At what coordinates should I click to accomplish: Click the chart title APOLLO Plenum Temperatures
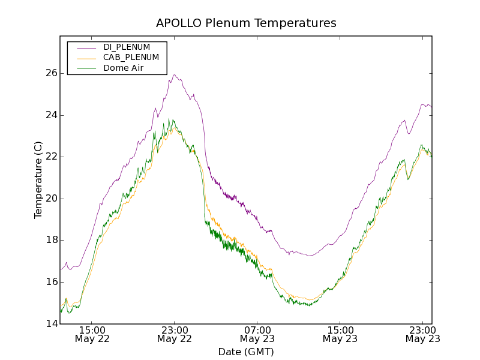click(x=246, y=23)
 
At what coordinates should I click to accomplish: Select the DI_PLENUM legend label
click(x=127, y=47)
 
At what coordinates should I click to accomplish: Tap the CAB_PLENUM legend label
click(x=131, y=58)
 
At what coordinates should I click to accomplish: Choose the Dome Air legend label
click(x=123, y=68)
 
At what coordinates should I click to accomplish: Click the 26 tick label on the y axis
click(x=51, y=73)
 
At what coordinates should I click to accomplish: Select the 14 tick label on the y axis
click(x=51, y=324)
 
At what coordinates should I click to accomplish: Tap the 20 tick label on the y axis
click(x=51, y=199)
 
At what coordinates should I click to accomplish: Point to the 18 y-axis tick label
click(x=51, y=240)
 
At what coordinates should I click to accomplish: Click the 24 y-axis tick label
click(x=51, y=115)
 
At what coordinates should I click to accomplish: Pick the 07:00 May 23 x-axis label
click(x=257, y=334)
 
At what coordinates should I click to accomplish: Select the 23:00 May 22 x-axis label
click(x=175, y=334)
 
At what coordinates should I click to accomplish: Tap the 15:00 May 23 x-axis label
click(x=340, y=334)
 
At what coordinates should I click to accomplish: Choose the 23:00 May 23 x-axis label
click(x=422, y=334)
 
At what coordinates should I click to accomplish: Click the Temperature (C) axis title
click(x=38, y=180)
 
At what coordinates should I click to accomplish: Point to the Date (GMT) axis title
click(x=246, y=352)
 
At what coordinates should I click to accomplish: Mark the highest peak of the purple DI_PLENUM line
click(x=175, y=75)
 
